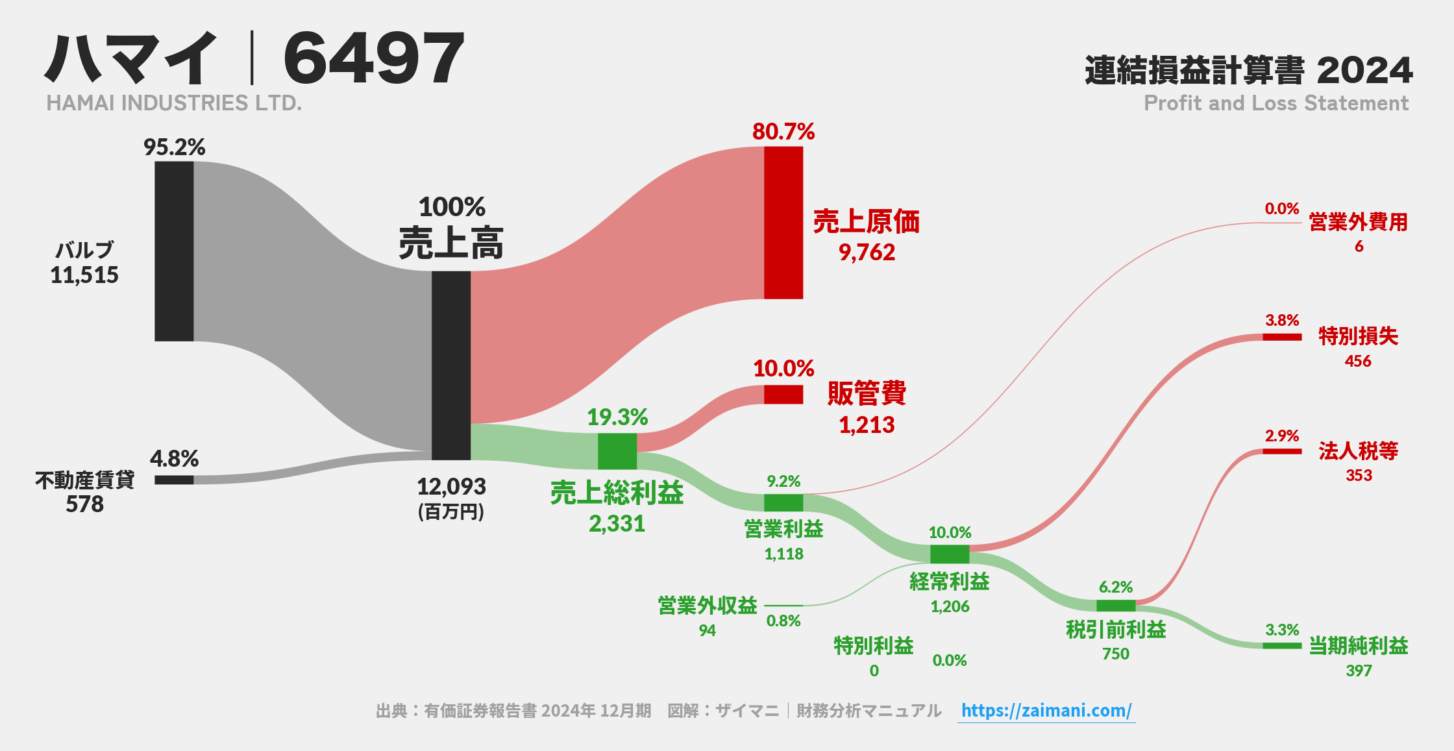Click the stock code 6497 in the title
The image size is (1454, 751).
click(x=374, y=59)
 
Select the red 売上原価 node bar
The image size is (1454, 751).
click(x=783, y=223)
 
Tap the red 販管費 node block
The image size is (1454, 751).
click(x=783, y=395)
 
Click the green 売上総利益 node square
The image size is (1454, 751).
click(x=617, y=451)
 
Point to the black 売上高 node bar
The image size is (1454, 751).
click(x=451, y=365)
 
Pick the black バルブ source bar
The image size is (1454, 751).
click(x=174, y=251)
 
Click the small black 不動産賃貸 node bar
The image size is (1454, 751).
click(x=174, y=480)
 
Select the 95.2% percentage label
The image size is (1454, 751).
click(x=174, y=147)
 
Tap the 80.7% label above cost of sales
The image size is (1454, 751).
click(x=783, y=132)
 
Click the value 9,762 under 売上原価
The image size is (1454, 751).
click(x=867, y=252)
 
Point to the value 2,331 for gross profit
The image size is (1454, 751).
click(x=617, y=524)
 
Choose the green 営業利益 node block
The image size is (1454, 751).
click(x=783, y=502)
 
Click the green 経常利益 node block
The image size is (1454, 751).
click(x=949, y=554)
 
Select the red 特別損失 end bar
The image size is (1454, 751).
click(x=1281, y=337)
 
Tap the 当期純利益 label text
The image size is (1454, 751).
click(x=1358, y=646)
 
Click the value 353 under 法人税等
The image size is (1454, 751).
click(x=1358, y=476)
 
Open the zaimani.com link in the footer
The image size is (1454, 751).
click(x=1046, y=711)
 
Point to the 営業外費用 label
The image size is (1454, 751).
click(x=1358, y=222)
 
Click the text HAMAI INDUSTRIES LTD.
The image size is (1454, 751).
click(x=174, y=103)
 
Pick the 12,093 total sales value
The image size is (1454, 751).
click(x=451, y=487)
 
